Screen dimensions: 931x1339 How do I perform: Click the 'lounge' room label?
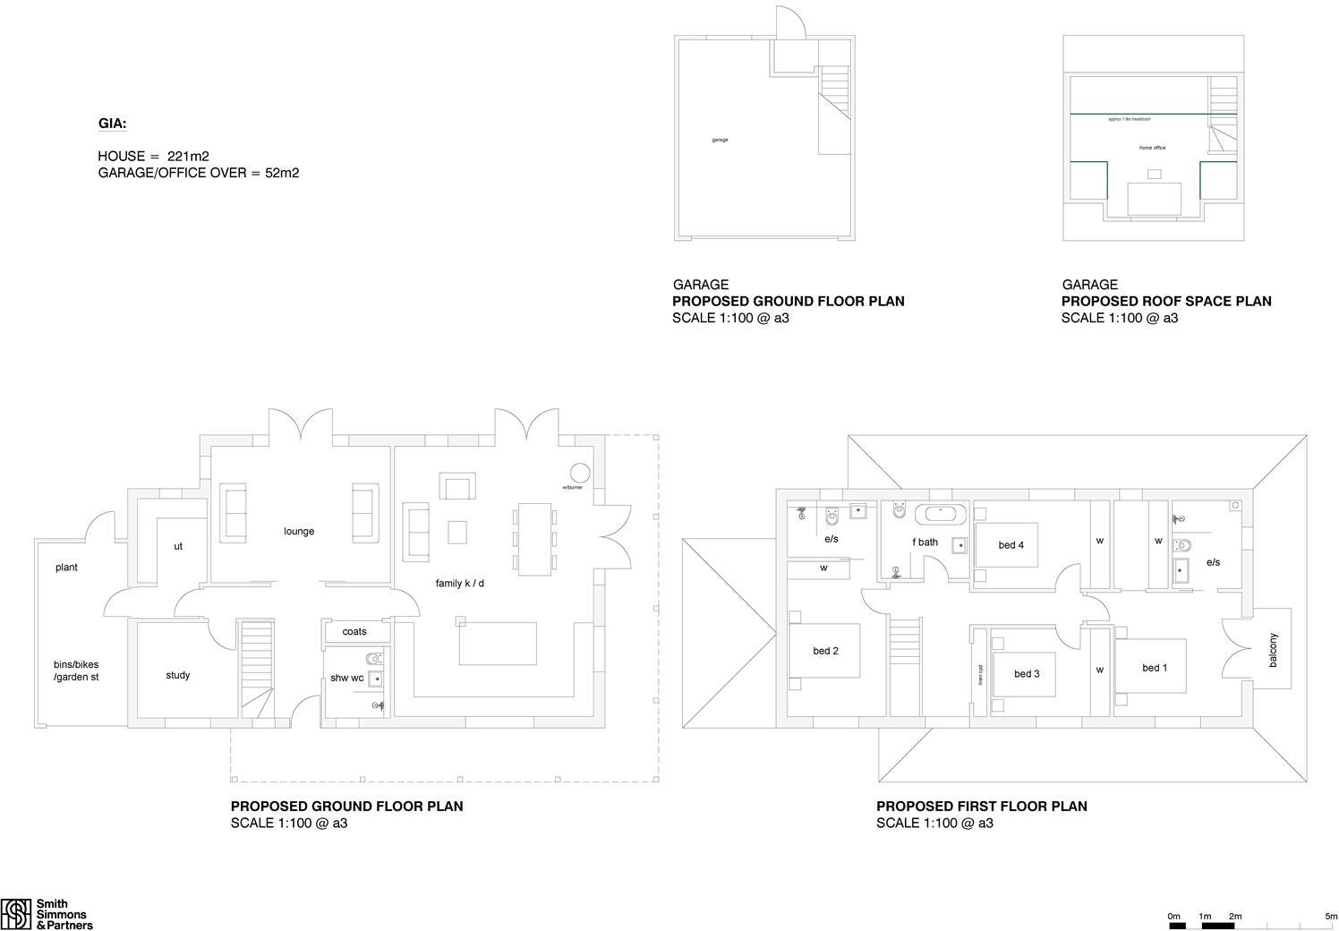(299, 531)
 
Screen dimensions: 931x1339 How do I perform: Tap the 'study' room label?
(177, 675)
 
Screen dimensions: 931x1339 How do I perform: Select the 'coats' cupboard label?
(354, 631)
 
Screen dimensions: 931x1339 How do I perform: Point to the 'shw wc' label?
(346, 678)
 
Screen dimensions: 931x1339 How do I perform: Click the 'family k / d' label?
(459, 584)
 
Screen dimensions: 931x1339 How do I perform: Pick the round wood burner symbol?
(580, 473)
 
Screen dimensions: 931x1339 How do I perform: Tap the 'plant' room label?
(66, 567)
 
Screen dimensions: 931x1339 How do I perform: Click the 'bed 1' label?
(1155, 668)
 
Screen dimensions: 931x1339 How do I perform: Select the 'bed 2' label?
(825, 651)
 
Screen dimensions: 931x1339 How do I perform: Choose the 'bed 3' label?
(1027, 673)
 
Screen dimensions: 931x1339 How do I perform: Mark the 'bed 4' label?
(1011, 545)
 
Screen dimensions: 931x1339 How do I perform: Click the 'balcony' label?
(1273, 649)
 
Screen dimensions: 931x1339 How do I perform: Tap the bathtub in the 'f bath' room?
(940, 514)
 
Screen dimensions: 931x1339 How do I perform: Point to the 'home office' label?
(1152, 148)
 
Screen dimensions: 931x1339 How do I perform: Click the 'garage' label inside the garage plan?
(720, 140)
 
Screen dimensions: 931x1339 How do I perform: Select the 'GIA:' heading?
(112, 124)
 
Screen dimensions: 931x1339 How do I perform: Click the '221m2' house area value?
(188, 156)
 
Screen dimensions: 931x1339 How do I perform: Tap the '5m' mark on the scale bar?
(1331, 916)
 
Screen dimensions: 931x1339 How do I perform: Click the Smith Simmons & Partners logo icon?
(16, 914)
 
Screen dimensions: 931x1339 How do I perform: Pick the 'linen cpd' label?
(981, 673)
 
